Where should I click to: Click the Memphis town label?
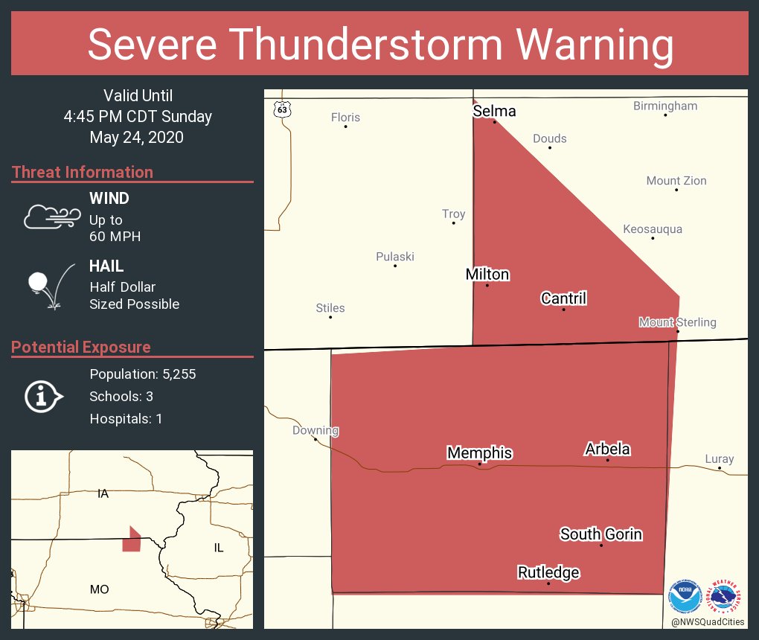(479, 452)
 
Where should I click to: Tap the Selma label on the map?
(494, 111)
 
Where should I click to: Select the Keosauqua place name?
(652, 229)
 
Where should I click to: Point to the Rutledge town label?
(548, 572)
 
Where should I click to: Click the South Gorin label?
(601, 534)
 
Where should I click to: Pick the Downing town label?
(316, 430)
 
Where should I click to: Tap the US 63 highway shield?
(281, 109)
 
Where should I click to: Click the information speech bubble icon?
(44, 397)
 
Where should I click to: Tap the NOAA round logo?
(685, 596)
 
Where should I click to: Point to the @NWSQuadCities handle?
(707, 622)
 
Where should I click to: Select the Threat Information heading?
(83, 172)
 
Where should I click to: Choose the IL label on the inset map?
(218, 548)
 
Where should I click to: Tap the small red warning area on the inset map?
(132, 540)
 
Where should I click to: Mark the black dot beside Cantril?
(563, 310)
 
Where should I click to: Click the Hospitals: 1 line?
(126, 419)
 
